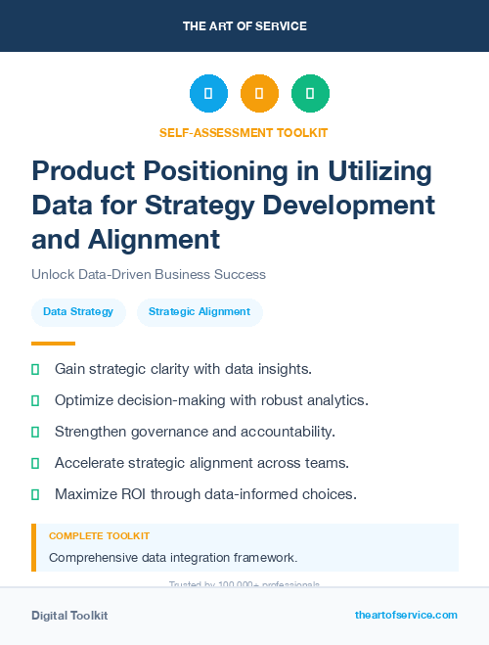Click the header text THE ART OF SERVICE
tap(244, 25)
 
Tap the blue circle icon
tap(208, 93)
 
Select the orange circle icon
tap(259, 93)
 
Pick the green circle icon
tap(310, 93)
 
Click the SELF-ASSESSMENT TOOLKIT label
tap(244, 132)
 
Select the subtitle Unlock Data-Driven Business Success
tap(149, 274)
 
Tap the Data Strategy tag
tap(78, 312)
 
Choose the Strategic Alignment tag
tap(200, 312)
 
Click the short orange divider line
tap(53, 344)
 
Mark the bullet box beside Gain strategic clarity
tap(35, 369)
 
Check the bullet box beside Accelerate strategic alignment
tap(35, 463)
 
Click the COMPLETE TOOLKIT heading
tap(99, 536)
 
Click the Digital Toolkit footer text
tap(69, 616)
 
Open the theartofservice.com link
tap(406, 615)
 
